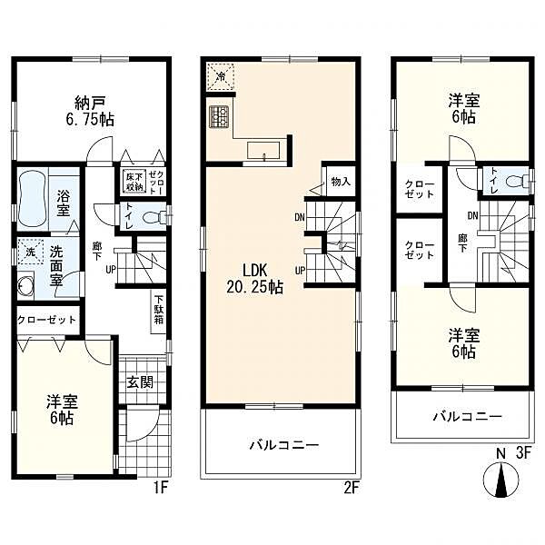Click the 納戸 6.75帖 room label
point(90,111)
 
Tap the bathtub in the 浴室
point(32,198)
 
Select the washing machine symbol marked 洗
point(30,252)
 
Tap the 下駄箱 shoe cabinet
point(158,311)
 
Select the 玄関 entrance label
point(140,382)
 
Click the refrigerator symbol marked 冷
point(221,76)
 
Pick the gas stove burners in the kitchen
point(218,116)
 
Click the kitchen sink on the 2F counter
point(263,151)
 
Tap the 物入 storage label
point(341,182)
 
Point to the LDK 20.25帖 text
point(254,279)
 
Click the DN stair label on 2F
point(300,218)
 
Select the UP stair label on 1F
point(111,269)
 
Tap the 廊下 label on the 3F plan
point(462,243)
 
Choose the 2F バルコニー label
point(284,445)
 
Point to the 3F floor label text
point(524,453)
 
